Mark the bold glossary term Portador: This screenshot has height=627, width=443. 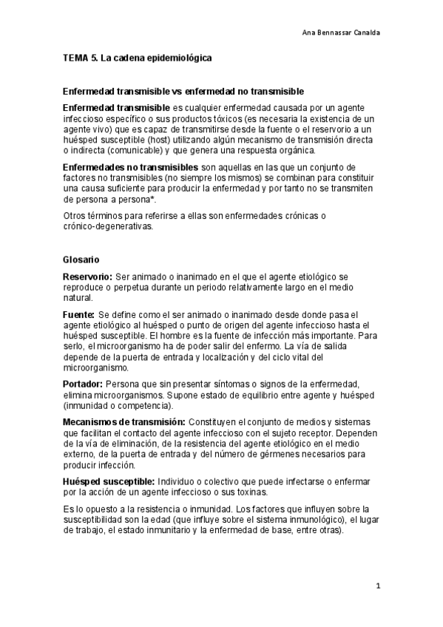pos(83,384)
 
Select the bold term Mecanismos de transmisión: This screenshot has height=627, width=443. pos(124,421)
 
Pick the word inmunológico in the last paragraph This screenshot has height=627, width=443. pos(298,520)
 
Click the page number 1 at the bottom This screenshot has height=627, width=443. pos(377,586)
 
